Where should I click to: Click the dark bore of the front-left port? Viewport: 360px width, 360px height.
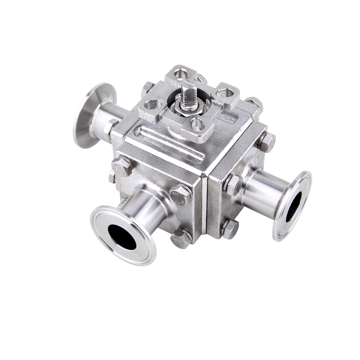(122, 237)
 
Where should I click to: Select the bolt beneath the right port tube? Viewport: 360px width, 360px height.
(230, 229)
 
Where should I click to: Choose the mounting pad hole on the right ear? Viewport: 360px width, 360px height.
(225, 93)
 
